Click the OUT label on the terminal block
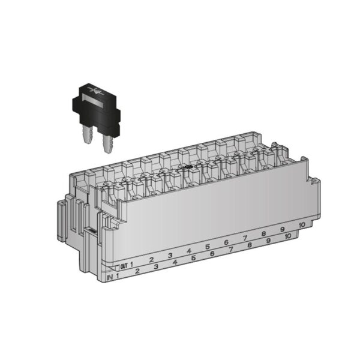124,266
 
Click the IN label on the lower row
109,277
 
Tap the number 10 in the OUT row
301,224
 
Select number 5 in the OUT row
207,247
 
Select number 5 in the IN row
193,258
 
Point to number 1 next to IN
118,275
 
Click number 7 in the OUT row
245,238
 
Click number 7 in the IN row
230,249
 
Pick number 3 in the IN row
156,266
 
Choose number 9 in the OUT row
282,229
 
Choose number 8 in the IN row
249,245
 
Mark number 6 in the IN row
212,254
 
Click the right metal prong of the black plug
109,144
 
